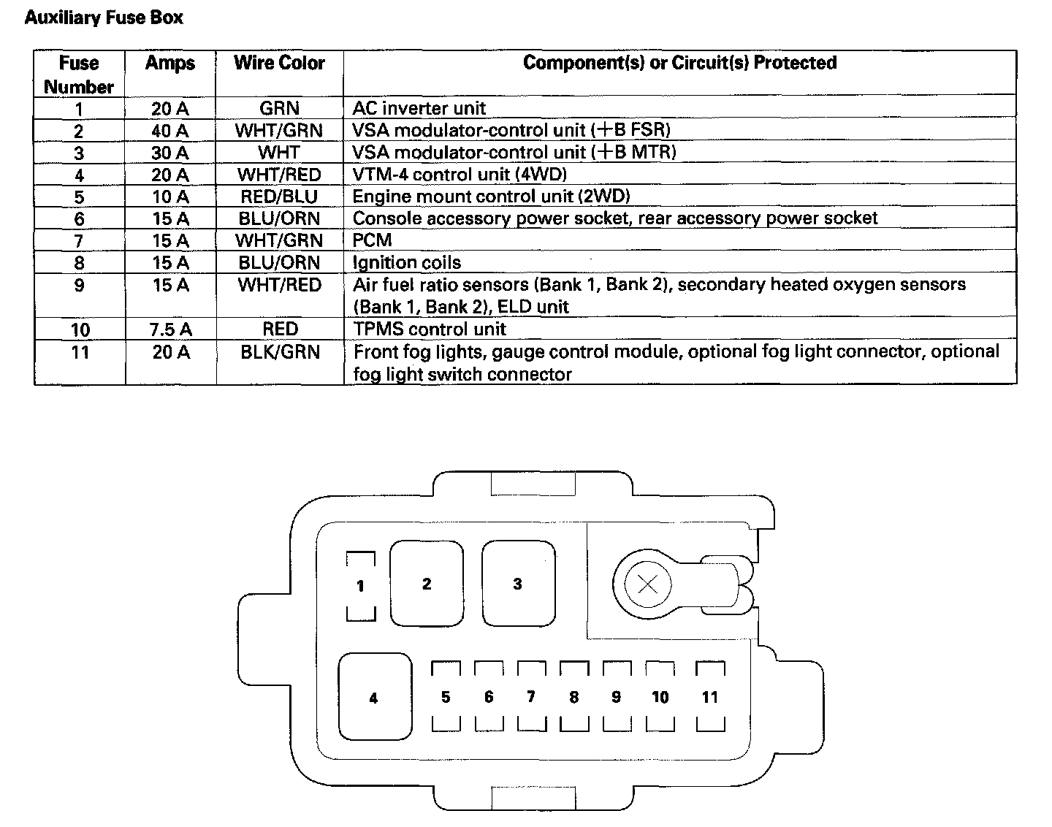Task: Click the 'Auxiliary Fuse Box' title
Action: pyautogui.click(x=104, y=18)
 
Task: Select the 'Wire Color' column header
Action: pyautogui.click(x=279, y=64)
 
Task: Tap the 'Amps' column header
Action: pyautogui.click(x=170, y=64)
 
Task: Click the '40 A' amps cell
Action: pyautogui.click(x=170, y=131)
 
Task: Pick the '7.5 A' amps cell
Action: pyautogui.click(x=170, y=329)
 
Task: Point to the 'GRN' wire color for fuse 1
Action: pyautogui.click(x=279, y=109)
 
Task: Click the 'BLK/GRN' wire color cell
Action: pyautogui.click(x=280, y=352)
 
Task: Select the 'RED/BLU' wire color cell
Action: pyautogui.click(x=279, y=197)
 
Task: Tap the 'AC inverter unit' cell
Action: pyautogui.click(x=419, y=109)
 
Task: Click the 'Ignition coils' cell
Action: pyautogui.click(x=406, y=262)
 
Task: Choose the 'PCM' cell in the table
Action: pyautogui.click(x=372, y=240)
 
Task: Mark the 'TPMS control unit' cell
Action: pyautogui.click(x=430, y=329)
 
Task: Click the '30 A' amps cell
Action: pyautogui.click(x=170, y=153)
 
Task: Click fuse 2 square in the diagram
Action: pyautogui.click(x=427, y=584)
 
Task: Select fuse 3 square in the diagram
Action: pyautogui.click(x=517, y=584)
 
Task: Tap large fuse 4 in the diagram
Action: pyautogui.click(x=374, y=697)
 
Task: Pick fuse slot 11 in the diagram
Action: pyautogui.click(x=710, y=697)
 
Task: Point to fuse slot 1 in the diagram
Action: pyautogui.click(x=360, y=586)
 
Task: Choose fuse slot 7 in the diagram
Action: pyautogui.click(x=531, y=697)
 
